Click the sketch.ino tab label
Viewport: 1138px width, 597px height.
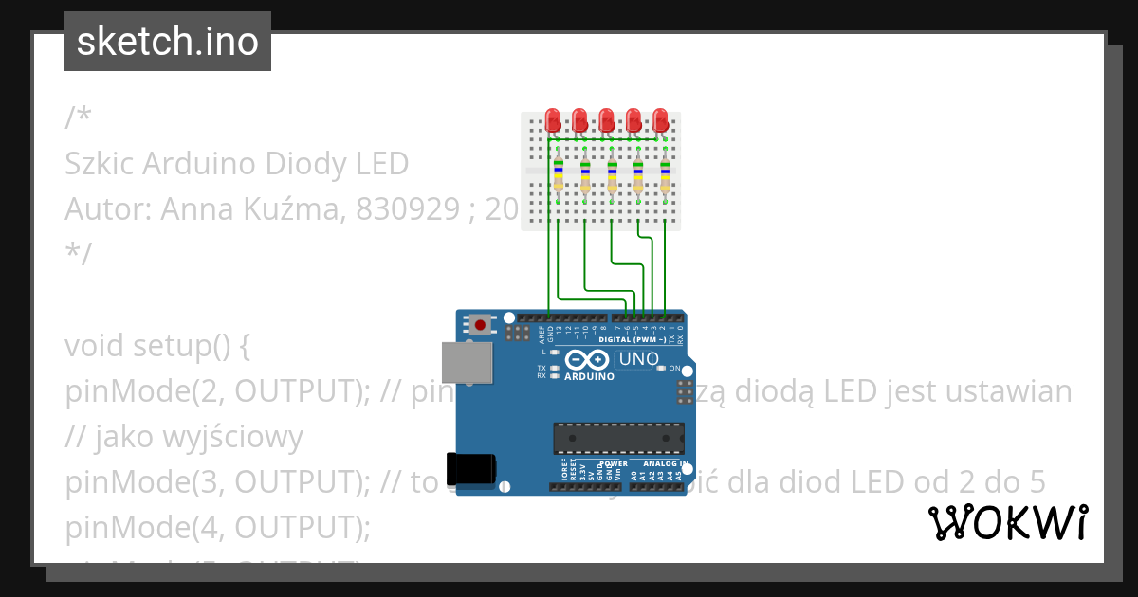[x=168, y=42]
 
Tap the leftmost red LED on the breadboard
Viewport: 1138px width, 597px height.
[x=553, y=120]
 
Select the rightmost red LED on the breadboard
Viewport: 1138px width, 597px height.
[x=661, y=120]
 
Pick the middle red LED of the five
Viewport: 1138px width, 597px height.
[x=607, y=120]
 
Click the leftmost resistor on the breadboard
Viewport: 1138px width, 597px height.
[x=559, y=176]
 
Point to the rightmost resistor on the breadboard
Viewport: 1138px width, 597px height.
[x=665, y=176]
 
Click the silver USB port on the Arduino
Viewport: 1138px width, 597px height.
[x=467, y=364]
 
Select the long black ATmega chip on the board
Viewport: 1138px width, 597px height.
[x=618, y=438]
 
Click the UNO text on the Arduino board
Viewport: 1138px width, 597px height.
[x=638, y=359]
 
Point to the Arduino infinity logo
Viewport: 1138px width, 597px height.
[x=588, y=360]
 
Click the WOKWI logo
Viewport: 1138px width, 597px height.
[x=1007, y=522]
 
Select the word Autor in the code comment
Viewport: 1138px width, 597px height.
[x=102, y=208]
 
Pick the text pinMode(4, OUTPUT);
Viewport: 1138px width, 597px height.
[x=217, y=528]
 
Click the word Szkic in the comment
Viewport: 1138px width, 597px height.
[x=101, y=164]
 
